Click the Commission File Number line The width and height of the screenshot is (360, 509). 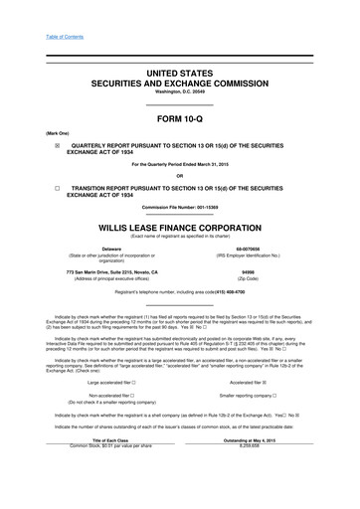[x=179, y=206]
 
